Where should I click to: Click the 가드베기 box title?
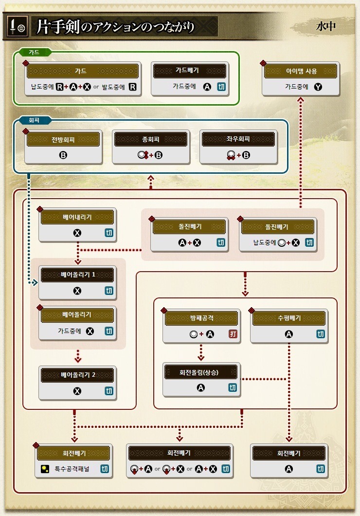coord(187,71)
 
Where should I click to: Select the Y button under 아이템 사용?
coord(318,88)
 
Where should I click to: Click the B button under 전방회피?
coord(63,156)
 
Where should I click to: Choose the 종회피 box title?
coord(150,139)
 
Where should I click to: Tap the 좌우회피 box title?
coord(238,139)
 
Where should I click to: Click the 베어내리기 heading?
coord(77,217)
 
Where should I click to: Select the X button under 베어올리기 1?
coord(77,291)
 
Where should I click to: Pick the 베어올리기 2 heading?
coord(77,375)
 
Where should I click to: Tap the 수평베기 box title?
coord(289,318)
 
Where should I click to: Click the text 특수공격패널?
coord(72,469)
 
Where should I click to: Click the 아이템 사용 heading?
coord(301,71)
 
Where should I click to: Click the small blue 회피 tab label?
coord(34,119)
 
